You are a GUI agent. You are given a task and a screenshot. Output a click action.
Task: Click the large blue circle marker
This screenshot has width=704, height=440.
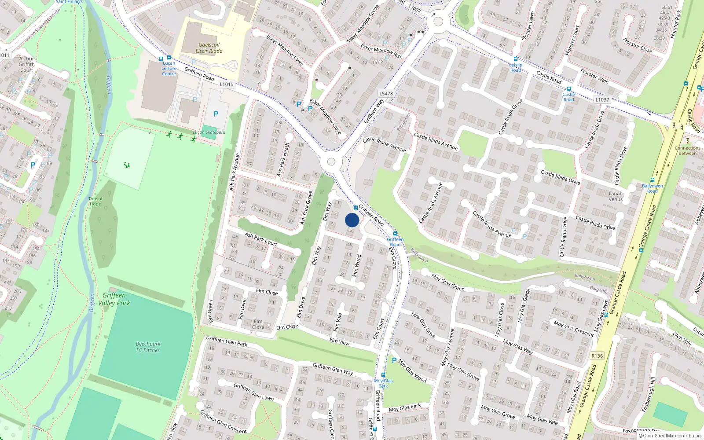(x=352, y=220)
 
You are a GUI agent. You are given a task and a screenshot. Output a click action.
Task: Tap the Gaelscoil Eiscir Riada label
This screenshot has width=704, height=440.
(x=209, y=48)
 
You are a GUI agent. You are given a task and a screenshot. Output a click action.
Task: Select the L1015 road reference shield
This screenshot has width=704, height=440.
(x=226, y=84)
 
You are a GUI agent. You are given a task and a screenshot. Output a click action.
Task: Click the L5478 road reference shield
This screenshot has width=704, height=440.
(x=386, y=93)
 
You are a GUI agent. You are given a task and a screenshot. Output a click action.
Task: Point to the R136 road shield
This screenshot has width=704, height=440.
(x=597, y=356)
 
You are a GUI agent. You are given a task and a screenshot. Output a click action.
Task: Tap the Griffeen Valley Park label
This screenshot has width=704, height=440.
(x=114, y=299)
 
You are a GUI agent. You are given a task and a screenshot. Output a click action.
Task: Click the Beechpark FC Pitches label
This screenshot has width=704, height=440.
(x=148, y=347)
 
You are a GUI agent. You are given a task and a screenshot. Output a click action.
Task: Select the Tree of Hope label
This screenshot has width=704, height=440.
(x=95, y=202)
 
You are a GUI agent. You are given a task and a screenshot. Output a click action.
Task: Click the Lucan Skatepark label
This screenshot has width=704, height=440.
(x=209, y=132)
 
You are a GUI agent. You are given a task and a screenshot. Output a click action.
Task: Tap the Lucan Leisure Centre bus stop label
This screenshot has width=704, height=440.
(x=169, y=69)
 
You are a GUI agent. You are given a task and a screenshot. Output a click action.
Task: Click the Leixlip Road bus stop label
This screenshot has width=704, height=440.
(x=516, y=67)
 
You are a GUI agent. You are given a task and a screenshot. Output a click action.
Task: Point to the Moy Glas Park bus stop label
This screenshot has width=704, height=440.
(x=383, y=383)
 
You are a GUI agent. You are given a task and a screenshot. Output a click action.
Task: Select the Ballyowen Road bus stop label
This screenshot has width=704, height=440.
(x=652, y=188)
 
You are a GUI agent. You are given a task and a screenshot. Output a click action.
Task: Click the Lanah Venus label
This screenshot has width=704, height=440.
(x=616, y=196)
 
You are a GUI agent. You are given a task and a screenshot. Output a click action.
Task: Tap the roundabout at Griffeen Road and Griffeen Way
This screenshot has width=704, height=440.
(x=331, y=161)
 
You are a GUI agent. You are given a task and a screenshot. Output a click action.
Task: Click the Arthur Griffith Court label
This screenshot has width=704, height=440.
(x=26, y=64)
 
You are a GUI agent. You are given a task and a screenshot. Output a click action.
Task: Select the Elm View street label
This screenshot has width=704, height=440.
(x=339, y=341)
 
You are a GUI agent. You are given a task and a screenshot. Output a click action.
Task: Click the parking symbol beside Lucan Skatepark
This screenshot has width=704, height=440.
(x=216, y=114)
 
